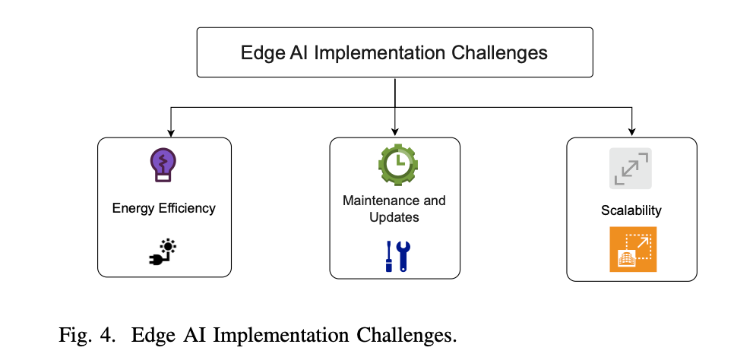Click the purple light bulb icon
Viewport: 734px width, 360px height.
pyautogui.click(x=163, y=165)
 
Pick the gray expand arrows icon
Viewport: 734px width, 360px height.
pyautogui.click(x=631, y=168)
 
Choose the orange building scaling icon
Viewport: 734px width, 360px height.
pyautogui.click(x=632, y=249)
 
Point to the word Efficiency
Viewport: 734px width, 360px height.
pyautogui.click(x=188, y=208)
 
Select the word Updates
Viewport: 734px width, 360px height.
pyautogui.click(x=394, y=217)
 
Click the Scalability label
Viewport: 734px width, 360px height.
pyautogui.click(x=631, y=210)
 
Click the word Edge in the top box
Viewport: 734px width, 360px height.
pyautogui.click(x=257, y=53)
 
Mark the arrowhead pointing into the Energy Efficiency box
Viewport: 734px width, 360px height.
pyautogui.click(x=170, y=133)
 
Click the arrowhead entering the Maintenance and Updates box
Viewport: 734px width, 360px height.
pyautogui.click(x=395, y=133)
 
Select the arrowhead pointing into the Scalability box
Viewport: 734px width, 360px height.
pyautogui.click(x=632, y=133)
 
